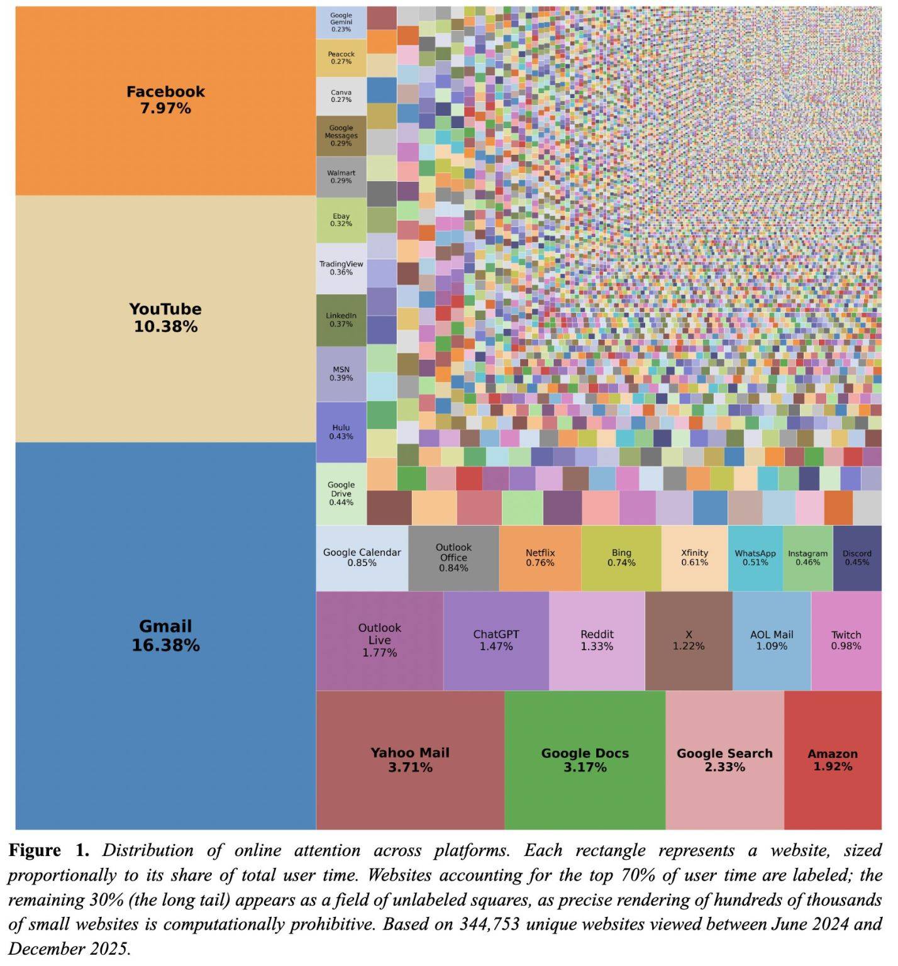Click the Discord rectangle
point(857,558)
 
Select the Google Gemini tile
point(341,23)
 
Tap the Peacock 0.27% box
point(341,58)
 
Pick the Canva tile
point(341,96)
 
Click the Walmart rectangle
point(341,177)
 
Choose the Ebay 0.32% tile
point(341,220)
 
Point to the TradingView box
point(341,269)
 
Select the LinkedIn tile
point(341,320)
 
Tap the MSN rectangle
point(341,374)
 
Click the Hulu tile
point(341,433)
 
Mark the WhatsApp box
point(755,558)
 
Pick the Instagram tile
point(808,558)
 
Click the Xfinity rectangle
point(694,558)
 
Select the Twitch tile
point(846,641)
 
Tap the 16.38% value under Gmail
point(165,645)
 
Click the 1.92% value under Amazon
point(833,767)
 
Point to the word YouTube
point(165,309)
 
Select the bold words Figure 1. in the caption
point(49,851)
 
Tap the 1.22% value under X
point(689,646)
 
